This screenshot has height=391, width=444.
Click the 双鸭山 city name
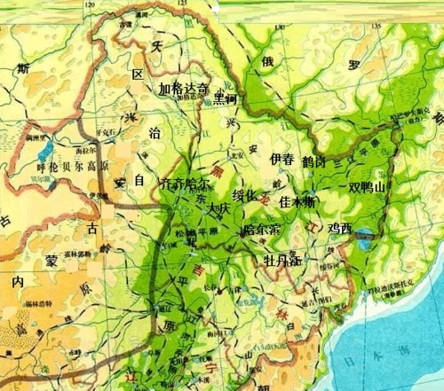[x=368, y=187]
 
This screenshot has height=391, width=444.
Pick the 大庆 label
[x=218, y=212]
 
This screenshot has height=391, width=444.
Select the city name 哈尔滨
[x=261, y=229]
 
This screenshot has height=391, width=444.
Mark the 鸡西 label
[x=340, y=229]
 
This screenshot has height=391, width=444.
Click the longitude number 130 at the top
[x=281, y=26]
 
